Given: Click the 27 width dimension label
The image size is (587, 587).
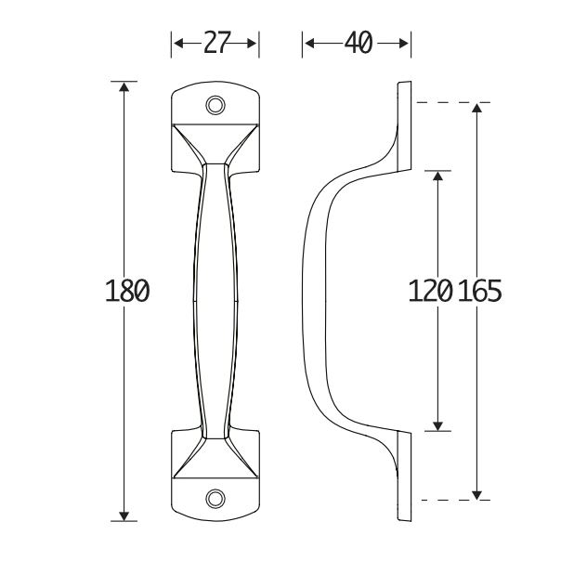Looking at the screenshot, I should (215, 43).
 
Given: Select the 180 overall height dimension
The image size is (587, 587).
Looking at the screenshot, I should (127, 292).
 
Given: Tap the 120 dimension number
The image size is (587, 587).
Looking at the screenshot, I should (430, 292).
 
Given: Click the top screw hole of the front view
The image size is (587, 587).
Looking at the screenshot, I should (215, 104).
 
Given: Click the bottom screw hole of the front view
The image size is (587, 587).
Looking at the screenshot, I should (215, 499).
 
